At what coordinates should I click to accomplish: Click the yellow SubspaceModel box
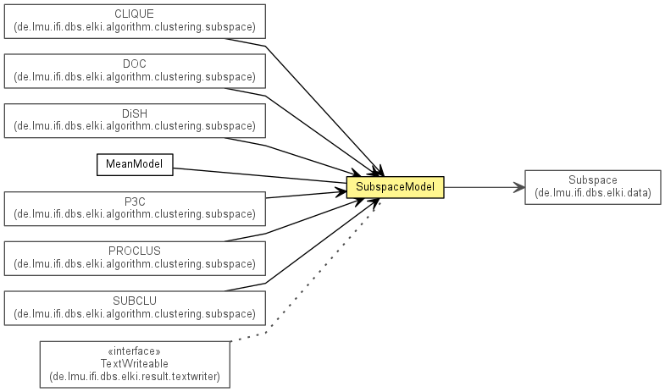(x=395, y=188)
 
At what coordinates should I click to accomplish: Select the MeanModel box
(x=135, y=164)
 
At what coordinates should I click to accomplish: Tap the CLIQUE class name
(x=135, y=14)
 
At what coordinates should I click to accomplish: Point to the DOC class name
(x=135, y=63)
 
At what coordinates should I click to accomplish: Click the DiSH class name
(x=135, y=113)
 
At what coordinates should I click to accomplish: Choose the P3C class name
(x=135, y=201)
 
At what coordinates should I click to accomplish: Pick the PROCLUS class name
(x=135, y=251)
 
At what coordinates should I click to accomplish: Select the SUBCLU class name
(x=135, y=301)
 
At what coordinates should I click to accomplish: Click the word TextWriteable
(x=135, y=363)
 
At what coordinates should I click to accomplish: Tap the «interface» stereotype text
(x=135, y=351)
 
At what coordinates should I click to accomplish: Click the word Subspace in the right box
(x=592, y=180)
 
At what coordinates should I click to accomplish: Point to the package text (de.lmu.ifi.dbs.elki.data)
(x=592, y=193)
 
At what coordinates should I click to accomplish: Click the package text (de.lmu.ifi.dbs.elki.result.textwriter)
(x=135, y=376)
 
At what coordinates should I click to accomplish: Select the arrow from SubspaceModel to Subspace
(x=479, y=187)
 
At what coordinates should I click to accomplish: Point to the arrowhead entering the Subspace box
(x=519, y=187)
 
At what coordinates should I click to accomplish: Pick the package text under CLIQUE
(x=135, y=27)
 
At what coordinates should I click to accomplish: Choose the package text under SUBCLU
(x=135, y=313)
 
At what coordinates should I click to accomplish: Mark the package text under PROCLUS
(x=135, y=263)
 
